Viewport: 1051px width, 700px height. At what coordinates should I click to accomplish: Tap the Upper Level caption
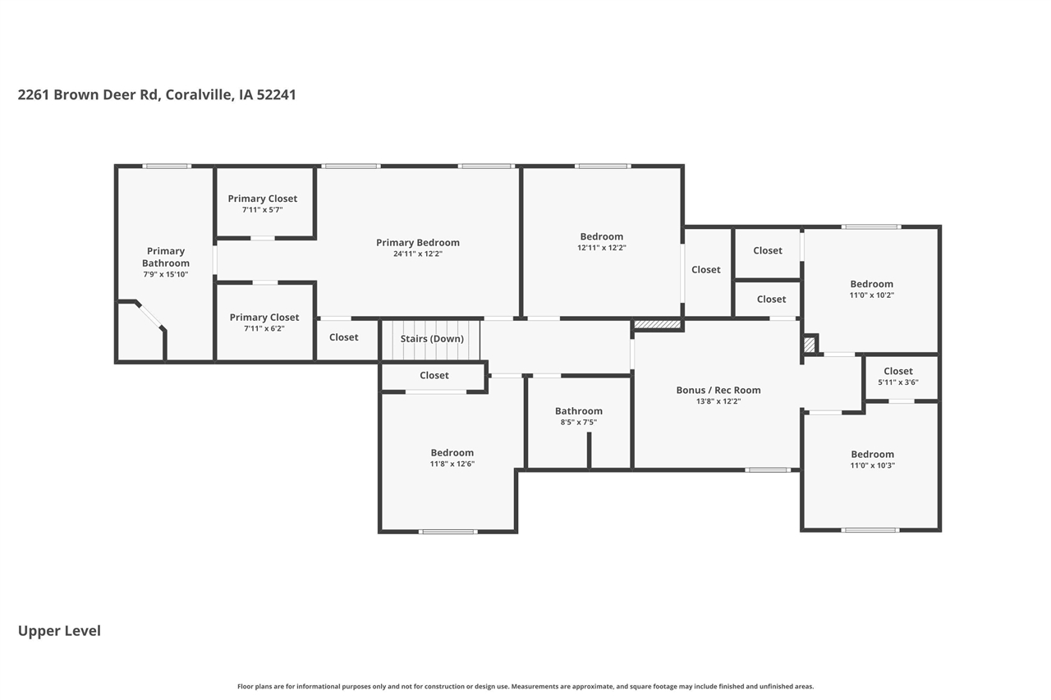coord(59,631)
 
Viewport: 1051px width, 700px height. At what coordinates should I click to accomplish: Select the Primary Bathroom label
coord(166,257)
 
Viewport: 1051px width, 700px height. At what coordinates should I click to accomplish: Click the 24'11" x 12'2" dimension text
coord(418,254)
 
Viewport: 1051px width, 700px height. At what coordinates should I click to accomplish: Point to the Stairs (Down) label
coord(432,339)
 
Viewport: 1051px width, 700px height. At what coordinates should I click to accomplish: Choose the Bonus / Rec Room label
coord(718,390)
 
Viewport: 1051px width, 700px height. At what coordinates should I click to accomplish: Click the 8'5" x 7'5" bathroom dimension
coord(579,422)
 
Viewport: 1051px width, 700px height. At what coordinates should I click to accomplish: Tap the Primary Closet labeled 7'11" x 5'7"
coord(262,199)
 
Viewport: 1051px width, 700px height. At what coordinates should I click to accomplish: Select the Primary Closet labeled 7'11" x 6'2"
coord(264,318)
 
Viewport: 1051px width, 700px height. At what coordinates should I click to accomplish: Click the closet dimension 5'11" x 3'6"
coord(898,382)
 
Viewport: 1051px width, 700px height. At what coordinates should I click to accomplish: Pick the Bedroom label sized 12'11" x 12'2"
coord(602,237)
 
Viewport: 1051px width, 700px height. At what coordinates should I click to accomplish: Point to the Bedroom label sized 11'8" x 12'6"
coord(452,453)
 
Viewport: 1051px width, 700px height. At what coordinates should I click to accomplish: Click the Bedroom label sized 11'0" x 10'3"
coord(872,455)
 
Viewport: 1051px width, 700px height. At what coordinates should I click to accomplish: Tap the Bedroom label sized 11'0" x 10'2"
coord(872,284)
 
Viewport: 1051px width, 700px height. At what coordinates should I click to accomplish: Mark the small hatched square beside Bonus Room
coord(810,345)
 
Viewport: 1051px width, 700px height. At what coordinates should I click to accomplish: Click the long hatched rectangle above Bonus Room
coord(657,324)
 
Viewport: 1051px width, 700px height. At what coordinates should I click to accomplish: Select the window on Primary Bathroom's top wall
coord(167,166)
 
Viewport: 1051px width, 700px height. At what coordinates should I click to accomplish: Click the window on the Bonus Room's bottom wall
coord(768,469)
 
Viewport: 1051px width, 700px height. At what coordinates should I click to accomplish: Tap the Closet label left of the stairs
coord(343,337)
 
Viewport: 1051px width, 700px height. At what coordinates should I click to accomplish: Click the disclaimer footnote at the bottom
coord(525,686)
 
